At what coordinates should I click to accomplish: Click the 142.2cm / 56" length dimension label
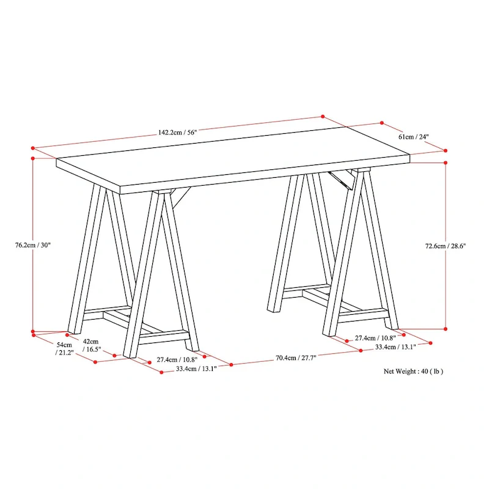click(177, 132)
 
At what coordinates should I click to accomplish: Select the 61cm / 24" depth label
click(414, 136)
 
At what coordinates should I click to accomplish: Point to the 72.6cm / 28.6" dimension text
click(446, 246)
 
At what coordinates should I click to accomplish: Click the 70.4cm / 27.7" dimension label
click(296, 358)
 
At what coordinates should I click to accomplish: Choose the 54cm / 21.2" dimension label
click(64, 348)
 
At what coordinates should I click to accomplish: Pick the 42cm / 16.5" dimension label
click(91, 345)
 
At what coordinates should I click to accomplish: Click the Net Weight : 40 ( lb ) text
click(414, 371)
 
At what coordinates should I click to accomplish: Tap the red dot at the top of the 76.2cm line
click(33, 158)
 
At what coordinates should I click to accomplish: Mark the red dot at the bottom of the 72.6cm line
click(446, 329)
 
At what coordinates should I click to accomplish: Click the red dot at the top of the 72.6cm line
click(446, 163)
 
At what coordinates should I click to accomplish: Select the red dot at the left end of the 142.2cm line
click(33, 148)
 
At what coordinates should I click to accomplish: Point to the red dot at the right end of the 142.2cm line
click(323, 116)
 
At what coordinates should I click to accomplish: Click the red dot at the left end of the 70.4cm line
click(231, 364)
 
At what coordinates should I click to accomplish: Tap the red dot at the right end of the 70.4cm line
click(361, 350)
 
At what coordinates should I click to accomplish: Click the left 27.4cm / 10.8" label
click(177, 359)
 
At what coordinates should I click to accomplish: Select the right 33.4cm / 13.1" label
click(395, 347)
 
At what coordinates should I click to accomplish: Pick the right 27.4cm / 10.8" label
click(375, 338)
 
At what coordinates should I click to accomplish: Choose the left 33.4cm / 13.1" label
click(196, 369)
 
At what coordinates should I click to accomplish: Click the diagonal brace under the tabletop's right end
click(342, 180)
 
